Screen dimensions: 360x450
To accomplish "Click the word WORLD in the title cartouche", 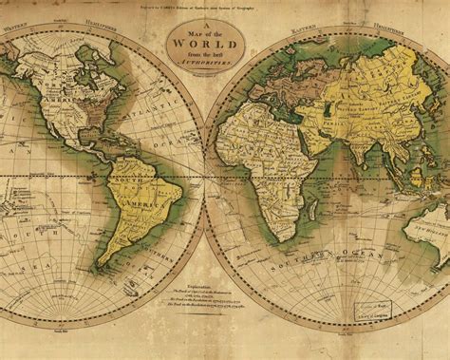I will click(207, 45).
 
